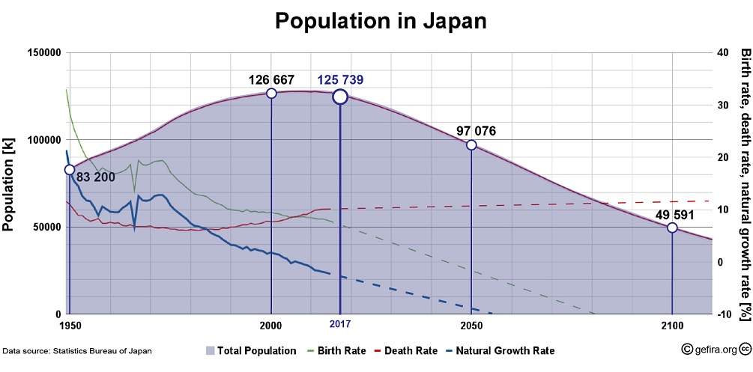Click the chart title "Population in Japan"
(x=381, y=20)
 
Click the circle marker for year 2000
(x=271, y=94)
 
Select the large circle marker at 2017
(x=340, y=96)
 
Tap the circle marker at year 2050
(x=471, y=145)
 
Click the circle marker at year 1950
(x=70, y=170)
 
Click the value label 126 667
(x=271, y=79)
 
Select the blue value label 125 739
(x=340, y=79)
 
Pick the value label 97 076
(x=476, y=131)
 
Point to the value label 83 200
(x=99, y=177)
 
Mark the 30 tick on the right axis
(x=722, y=105)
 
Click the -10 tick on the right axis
(x=724, y=314)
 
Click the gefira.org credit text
(x=713, y=350)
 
